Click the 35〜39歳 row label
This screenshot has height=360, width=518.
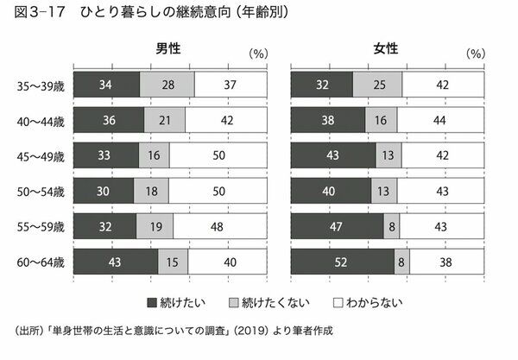[41, 85]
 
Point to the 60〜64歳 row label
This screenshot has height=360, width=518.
[41, 262]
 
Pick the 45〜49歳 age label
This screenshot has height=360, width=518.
[41, 156]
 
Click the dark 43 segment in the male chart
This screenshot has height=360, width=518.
[116, 262]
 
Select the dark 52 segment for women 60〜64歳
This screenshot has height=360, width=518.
[343, 262]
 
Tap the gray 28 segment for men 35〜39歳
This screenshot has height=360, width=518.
[167, 85]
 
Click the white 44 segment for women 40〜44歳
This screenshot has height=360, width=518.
[440, 120]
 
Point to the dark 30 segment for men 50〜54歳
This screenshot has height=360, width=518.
[104, 192]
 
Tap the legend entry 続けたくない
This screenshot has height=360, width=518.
[258, 303]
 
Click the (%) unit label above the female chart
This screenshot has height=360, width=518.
[477, 53]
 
